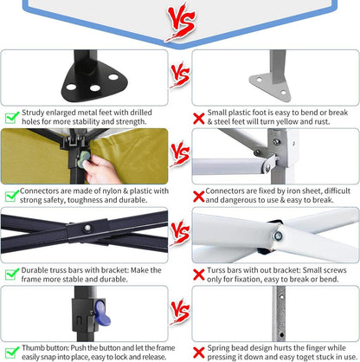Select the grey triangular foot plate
(x=270, y=87)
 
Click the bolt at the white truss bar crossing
(x=278, y=236)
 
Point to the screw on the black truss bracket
(x=87, y=228)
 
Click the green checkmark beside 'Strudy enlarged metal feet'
(x=12, y=117)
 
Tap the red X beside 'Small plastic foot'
(x=199, y=119)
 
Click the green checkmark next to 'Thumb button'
(x=12, y=352)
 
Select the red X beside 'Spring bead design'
(x=199, y=353)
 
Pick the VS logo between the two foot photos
(x=180, y=76)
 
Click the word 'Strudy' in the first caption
(x=33, y=113)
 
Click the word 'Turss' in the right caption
(x=215, y=270)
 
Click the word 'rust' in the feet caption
(x=321, y=122)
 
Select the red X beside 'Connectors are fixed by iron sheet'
(x=199, y=197)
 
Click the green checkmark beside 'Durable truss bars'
(x=12, y=275)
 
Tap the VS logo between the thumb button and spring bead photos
(x=180, y=312)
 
